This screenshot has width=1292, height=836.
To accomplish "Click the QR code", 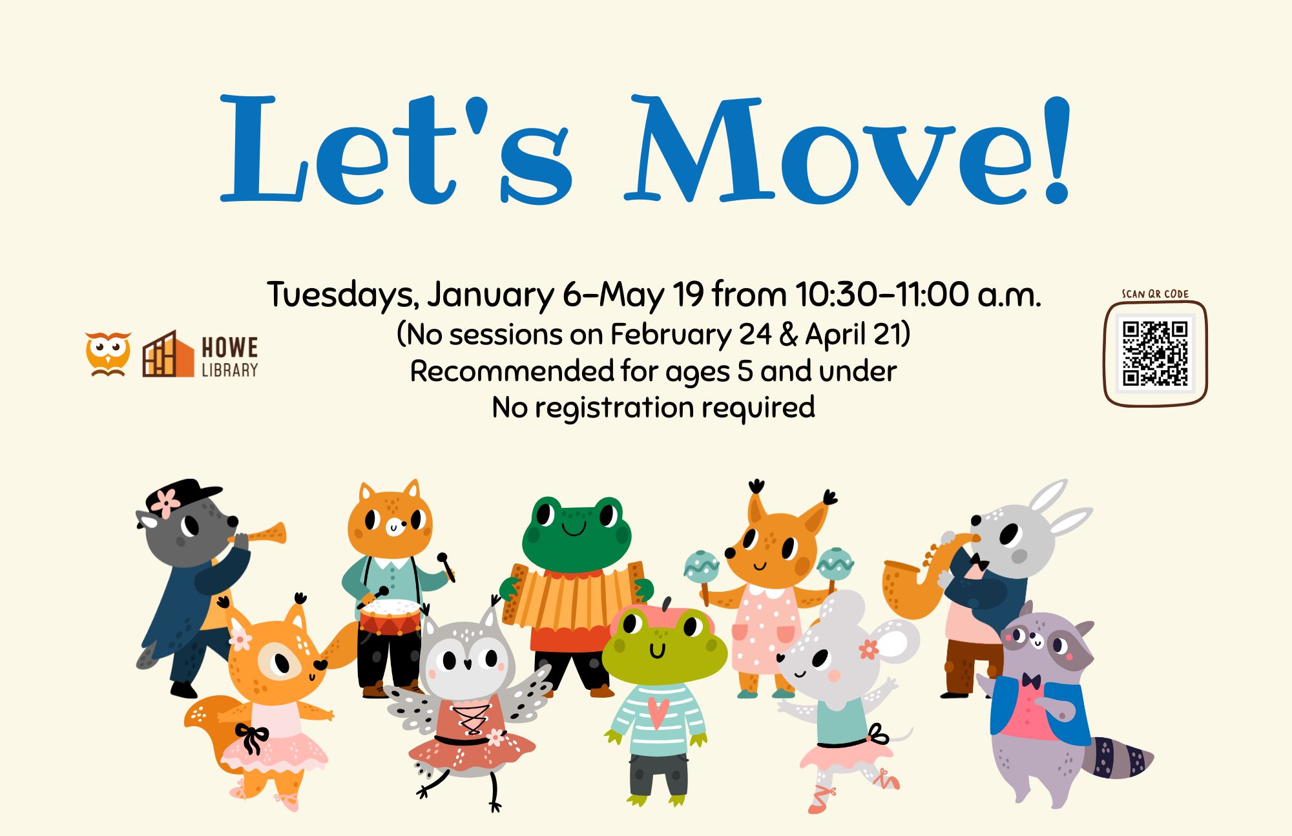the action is [x=1155, y=353].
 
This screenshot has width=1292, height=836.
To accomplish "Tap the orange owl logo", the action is [x=108, y=353].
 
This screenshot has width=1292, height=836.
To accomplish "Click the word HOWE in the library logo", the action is [x=229, y=348].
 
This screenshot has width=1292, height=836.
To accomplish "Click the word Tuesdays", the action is [x=340, y=296].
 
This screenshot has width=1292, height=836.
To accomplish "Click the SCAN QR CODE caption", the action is [x=1155, y=294].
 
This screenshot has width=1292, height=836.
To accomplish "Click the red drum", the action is [x=390, y=618].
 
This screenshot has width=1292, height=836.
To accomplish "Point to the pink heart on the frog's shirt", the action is [x=658, y=711].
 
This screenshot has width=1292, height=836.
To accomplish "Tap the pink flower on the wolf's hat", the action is [x=167, y=503].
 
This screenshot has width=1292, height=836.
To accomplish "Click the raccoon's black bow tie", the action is [x=1031, y=681].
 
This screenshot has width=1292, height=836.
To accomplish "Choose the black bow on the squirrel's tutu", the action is [x=253, y=738].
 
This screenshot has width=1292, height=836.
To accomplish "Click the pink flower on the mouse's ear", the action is [x=869, y=649].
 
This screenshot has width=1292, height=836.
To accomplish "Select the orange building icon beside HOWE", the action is [x=168, y=354].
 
